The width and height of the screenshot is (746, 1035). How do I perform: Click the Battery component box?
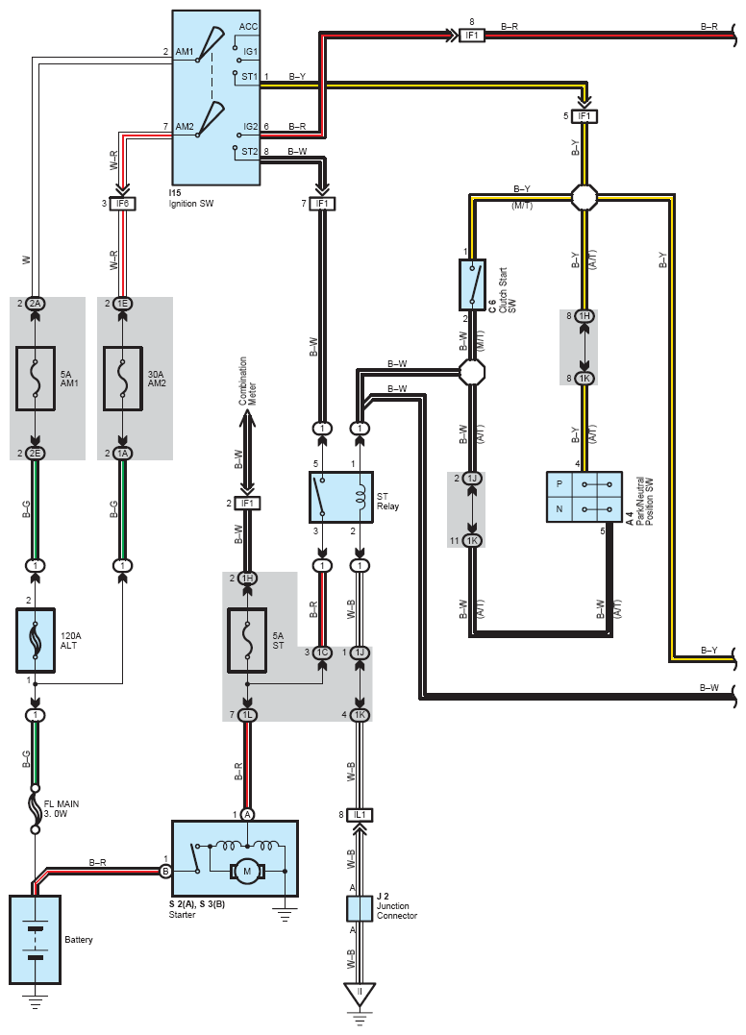pos(35,939)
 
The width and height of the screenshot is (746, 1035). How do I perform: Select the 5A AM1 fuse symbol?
pos(35,379)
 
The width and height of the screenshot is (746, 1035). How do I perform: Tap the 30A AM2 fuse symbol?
pos(123,379)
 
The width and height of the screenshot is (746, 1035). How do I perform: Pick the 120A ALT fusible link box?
pos(35,640)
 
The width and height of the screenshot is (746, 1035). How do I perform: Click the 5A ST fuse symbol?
pos(247,640)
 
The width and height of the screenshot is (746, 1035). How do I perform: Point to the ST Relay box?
pos(341,497)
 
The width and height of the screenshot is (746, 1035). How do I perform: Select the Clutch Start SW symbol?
pos(472,284)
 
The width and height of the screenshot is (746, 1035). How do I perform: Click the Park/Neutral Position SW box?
pos(584,497)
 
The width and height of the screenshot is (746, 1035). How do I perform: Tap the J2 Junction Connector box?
pos(360,909)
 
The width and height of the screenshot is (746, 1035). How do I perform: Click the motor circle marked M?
pos(247,872)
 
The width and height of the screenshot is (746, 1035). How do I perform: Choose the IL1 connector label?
pos(360,815)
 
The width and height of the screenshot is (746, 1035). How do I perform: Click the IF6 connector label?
pos(123,204)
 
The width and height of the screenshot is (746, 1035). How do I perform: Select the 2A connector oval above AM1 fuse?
pos(35,303)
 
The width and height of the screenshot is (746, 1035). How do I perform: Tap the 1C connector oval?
pos(322,653)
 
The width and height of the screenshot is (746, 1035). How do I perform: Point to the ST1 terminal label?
pos(249,77)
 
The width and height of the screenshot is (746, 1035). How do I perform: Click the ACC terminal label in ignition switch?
pos(248,26)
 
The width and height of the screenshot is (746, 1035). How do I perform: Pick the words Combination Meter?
pos(247,381)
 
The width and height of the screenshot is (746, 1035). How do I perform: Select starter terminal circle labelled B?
pos(165,872)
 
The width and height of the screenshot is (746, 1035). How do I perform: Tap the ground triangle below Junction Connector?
pos(360,995)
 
